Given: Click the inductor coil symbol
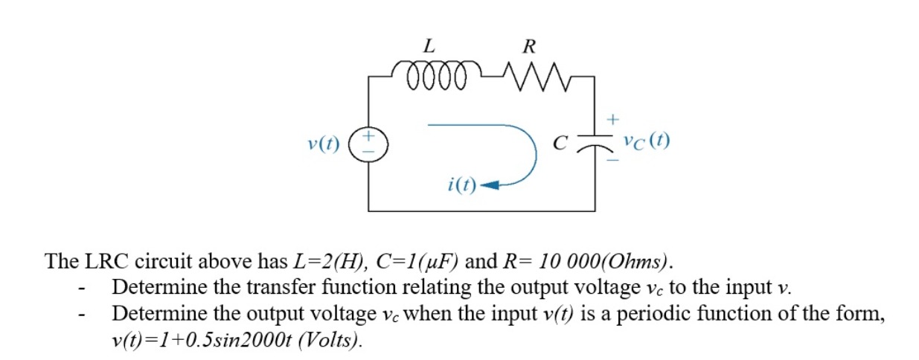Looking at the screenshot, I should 435,75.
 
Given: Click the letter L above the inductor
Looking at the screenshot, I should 429,46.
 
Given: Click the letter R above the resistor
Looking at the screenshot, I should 528,46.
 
